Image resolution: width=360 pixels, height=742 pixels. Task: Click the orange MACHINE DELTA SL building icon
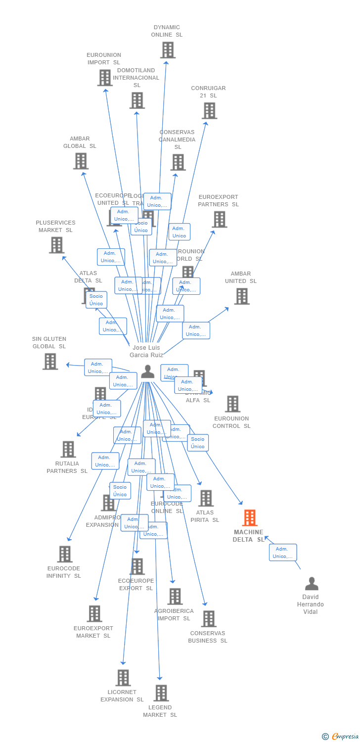point(250,518)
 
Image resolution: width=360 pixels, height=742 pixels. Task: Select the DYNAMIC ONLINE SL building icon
point(168,50)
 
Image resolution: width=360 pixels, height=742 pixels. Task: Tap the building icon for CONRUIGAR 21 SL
point(209,111)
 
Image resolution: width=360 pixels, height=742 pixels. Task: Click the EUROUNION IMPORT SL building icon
point(105,78)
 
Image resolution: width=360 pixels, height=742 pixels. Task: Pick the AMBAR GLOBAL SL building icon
point(81,161)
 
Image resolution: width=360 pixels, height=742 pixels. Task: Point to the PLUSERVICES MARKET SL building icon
point(57,245)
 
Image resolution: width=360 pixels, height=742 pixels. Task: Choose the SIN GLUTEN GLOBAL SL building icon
point(50,361)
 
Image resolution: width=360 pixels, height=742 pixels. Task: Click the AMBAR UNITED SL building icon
point(241,296)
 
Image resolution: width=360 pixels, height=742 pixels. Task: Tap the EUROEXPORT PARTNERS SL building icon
point(219,219)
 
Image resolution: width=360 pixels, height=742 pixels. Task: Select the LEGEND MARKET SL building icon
point(161,693)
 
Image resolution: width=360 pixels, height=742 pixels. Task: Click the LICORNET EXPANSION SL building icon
point(123,678)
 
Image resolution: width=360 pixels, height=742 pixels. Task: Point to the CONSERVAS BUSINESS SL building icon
point(209,619)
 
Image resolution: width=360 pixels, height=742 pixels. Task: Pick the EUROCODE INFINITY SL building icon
point(65,554)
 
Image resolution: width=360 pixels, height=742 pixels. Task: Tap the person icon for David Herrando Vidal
point(312,584)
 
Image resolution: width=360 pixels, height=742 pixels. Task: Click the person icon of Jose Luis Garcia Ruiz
point(147,371)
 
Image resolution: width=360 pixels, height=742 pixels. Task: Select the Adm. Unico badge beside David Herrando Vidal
point(283,553)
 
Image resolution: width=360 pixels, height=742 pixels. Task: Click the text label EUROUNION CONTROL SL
point(231,422)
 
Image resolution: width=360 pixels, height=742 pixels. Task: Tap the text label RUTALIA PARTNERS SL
point(67,467)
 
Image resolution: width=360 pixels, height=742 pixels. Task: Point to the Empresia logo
point(341,737)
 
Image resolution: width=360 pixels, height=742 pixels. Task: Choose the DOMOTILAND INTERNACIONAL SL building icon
point(137,100)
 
